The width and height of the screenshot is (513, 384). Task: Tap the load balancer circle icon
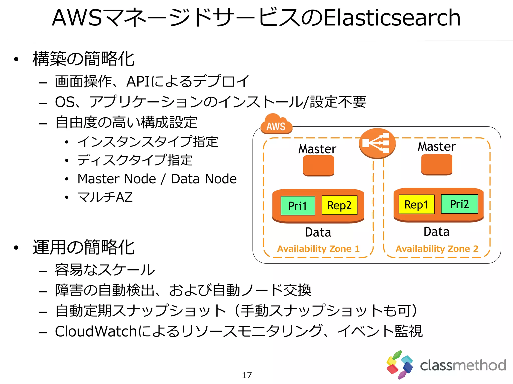click(x=377, y=143)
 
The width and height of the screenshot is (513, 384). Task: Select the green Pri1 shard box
click(x=298, y=206)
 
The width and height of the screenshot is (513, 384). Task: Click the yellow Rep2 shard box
click(x=339, y=205)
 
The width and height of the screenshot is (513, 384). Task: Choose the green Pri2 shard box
click(x=459, y=204)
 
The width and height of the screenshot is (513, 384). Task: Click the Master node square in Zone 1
click(x=318, y=165)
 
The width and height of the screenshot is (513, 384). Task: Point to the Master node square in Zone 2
click(x=437, y=164)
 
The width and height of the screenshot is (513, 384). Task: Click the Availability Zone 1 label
click(x=318, y=249)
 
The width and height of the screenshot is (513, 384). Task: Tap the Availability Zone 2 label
click(x=437, y=249)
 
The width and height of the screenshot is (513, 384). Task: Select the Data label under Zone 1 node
click(x=318, y=232)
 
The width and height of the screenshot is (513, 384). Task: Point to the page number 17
click(x=247, y=375)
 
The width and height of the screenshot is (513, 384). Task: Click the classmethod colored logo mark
click(x=399, y=365)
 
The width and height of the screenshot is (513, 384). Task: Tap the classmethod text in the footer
click(x=463, y=365)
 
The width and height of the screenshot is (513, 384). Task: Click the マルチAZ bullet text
click(x=105, y=197)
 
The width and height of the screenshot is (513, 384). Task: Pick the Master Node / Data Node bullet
click(x=157, y=179)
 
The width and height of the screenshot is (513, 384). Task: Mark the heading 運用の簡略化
click(x=84, y=247)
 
